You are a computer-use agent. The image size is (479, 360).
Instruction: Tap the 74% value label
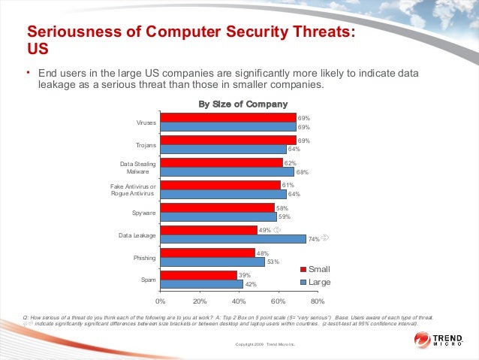tap(314, 240)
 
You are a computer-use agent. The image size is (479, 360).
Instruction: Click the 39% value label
tap(244, 276)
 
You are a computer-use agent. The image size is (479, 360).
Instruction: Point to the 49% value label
tap(264, 230)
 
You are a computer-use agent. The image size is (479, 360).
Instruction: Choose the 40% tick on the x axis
tap(239, 301)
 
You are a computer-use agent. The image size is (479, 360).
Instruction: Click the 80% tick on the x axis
tap(318, 301)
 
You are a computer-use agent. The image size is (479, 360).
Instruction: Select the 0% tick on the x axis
tap(161, 301)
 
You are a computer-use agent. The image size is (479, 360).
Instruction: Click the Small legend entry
tap(315, 269)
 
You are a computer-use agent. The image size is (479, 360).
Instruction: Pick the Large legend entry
tap(315, 281)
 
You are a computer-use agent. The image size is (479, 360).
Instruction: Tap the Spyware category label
tap(144, 213)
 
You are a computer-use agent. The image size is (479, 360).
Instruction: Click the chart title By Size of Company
tap(243, 104)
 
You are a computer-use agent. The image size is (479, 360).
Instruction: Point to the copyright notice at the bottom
tap(266, 344)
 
